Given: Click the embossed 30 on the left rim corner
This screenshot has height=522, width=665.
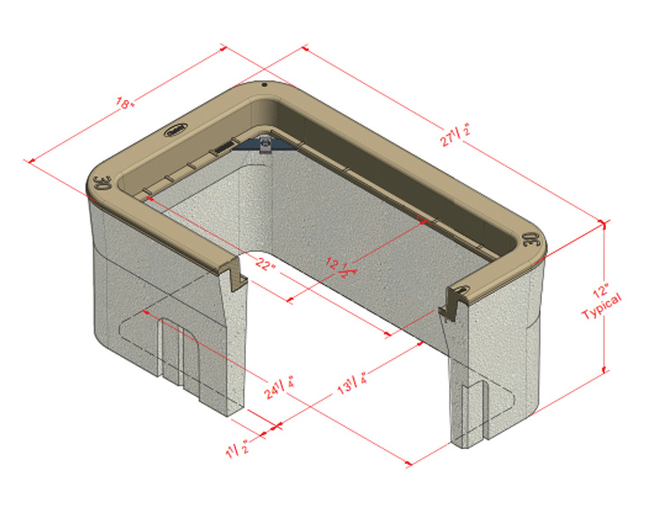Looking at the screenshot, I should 100,183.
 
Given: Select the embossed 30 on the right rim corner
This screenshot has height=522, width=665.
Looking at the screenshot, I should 530,239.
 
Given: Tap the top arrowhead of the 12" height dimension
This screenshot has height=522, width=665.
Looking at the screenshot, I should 604,224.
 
